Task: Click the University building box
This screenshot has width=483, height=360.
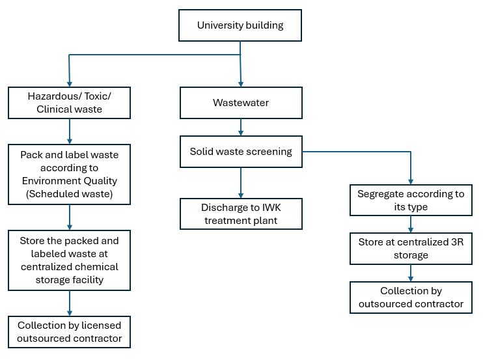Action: (240, 25)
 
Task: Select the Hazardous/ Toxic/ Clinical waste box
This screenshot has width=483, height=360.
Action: (69, 103)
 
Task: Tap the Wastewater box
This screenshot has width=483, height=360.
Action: (241, 103)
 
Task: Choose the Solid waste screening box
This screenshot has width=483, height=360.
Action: (241, 152)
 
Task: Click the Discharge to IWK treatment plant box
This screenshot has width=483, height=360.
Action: (241, 214)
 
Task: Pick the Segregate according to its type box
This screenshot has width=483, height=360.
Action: (411, 200)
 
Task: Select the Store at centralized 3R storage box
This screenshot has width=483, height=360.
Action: (411, 249)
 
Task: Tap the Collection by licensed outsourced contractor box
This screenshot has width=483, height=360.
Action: (69, 332)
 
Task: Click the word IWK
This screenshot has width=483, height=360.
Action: (271, 208)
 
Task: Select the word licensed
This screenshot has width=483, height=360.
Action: (101, 325)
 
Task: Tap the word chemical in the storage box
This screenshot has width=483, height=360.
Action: (99, 267)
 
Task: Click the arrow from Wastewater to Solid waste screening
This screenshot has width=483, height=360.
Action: (241, 127)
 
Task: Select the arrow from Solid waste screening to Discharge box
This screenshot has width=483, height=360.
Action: (241, 183)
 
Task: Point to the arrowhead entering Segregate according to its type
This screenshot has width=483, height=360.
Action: (411, 182)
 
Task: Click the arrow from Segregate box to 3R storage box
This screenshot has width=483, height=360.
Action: (411, 224)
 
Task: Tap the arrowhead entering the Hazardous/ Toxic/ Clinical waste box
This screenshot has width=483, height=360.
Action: (70, 84)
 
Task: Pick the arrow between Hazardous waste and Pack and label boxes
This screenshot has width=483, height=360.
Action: (70, 132)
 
